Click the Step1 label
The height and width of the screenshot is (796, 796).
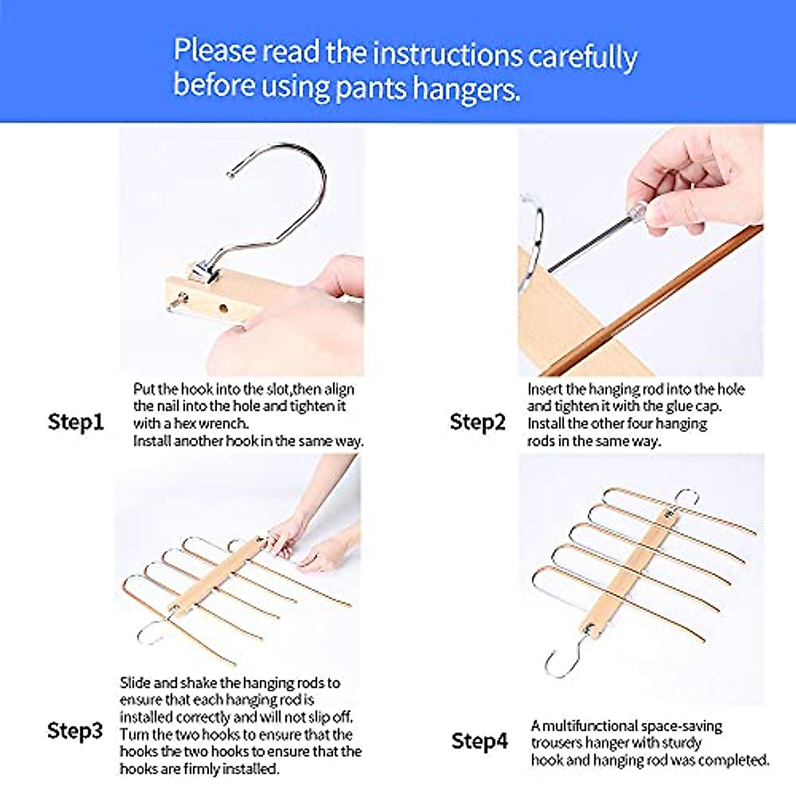pos(76,423)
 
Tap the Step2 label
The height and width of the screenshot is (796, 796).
pos(478,423)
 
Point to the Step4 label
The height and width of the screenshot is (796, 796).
pos(480,741)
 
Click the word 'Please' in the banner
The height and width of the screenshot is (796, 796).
pos(215,50)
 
